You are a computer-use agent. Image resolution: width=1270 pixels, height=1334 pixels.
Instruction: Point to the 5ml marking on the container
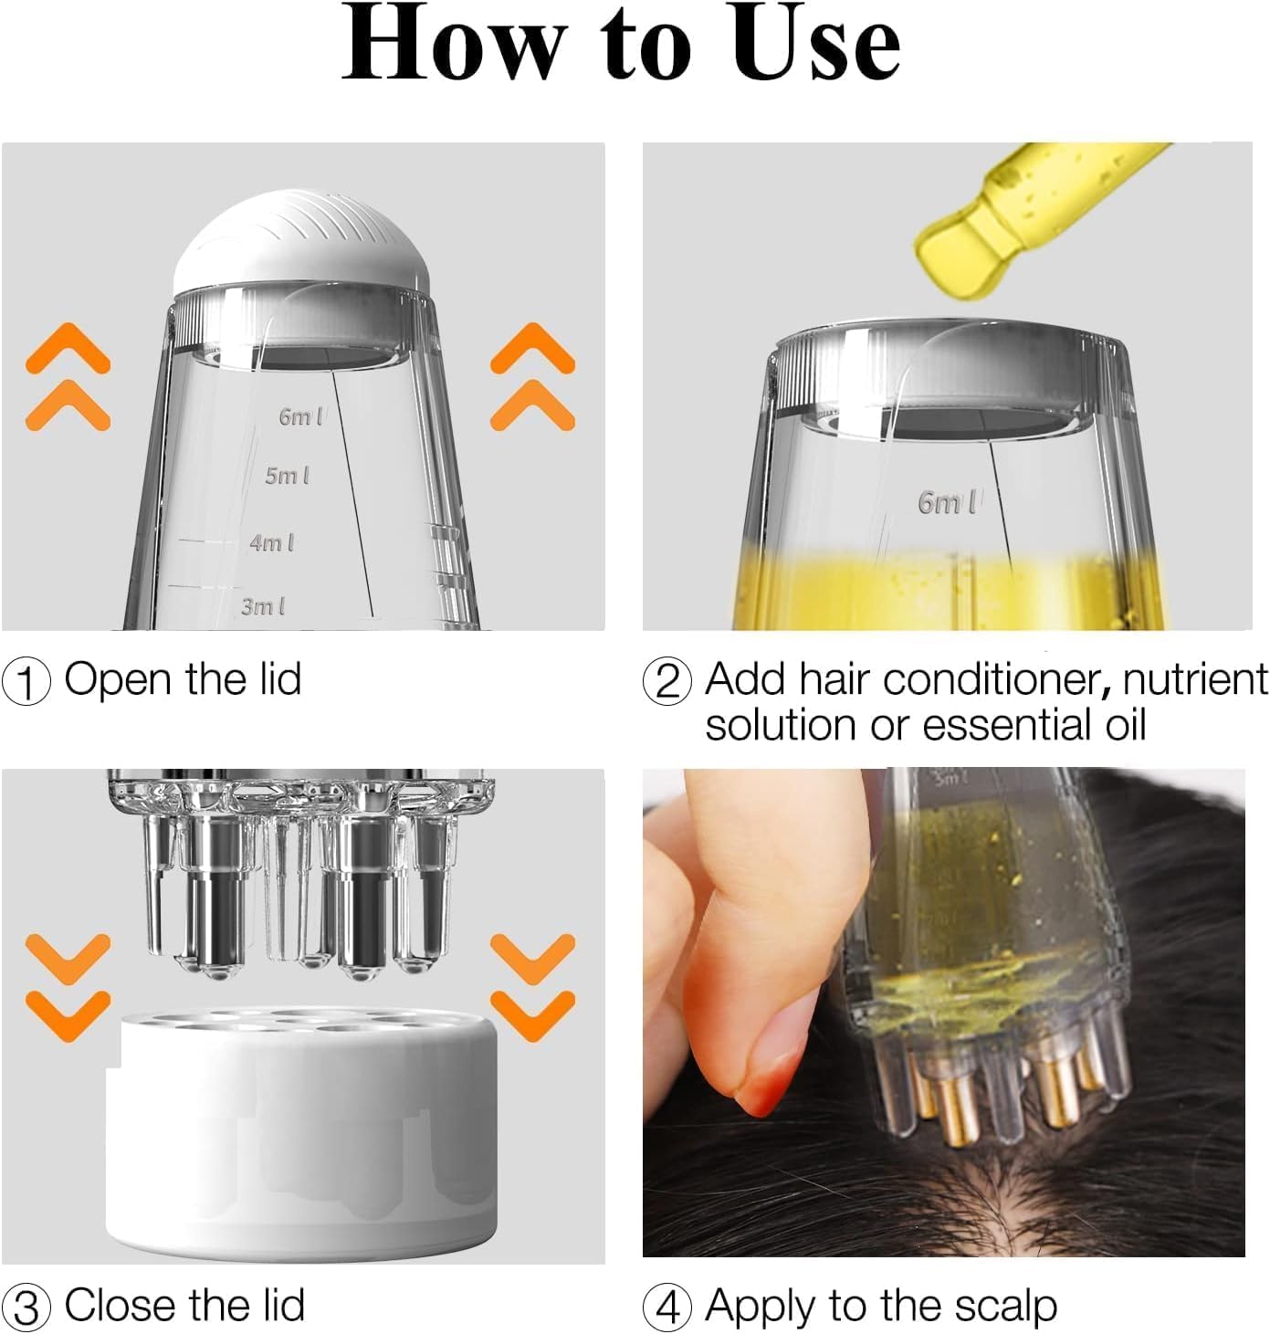[287, 476]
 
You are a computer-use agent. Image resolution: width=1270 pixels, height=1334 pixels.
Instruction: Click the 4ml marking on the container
[272, 542]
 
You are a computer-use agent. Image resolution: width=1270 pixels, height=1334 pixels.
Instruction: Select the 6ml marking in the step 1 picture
[300, 416]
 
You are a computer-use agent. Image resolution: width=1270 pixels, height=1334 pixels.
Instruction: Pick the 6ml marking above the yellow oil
[947, 502]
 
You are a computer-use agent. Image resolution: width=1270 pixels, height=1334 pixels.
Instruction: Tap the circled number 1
[26, 682]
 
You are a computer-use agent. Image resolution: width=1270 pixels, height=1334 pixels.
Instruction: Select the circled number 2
[667, 682]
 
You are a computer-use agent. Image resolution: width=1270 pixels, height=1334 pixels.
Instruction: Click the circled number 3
[26, 1308]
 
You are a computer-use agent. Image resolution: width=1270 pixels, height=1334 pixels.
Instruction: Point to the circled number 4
[667, 1308]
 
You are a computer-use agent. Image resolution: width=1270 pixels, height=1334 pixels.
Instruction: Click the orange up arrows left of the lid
[68, 376]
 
